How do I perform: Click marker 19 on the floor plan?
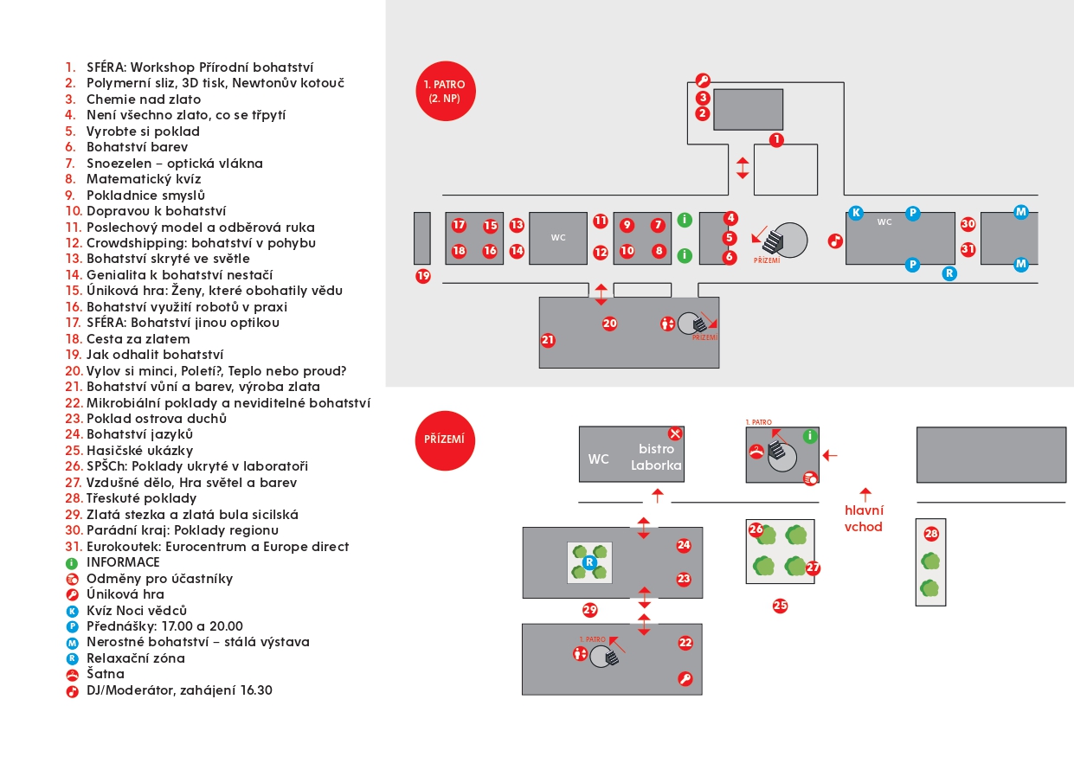coord(423,277)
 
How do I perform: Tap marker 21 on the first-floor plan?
coord(548,340)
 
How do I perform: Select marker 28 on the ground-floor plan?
coord(931,534)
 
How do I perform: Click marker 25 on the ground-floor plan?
coord(780,606)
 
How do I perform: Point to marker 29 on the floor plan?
coord(590,610)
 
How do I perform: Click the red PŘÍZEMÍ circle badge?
coord(445,440)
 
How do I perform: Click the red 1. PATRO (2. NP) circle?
coord(445,91)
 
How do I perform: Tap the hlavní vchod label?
coord(864,518)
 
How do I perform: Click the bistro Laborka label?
coord(656,457)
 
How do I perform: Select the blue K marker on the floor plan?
coord(856,213)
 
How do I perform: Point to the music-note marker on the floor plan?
coord(835,241)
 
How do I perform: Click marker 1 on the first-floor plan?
coord(776,139)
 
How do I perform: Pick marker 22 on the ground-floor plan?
coord(685,643)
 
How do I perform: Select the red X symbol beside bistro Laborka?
coord(675,433)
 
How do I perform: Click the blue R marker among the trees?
coord(589,562)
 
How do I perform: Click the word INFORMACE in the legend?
coord(123,562)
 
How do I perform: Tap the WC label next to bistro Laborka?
coord(598,459)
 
